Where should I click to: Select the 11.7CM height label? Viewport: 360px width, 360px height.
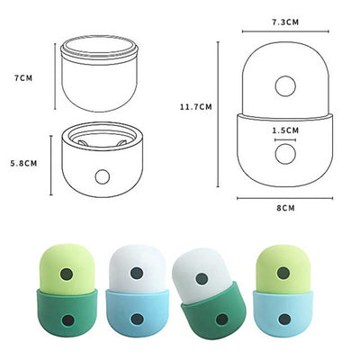click(x=195, y=105)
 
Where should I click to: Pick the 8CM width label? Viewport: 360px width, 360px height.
click(x=284, y=207)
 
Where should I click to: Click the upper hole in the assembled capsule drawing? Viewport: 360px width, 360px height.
click(x=285, y=86)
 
